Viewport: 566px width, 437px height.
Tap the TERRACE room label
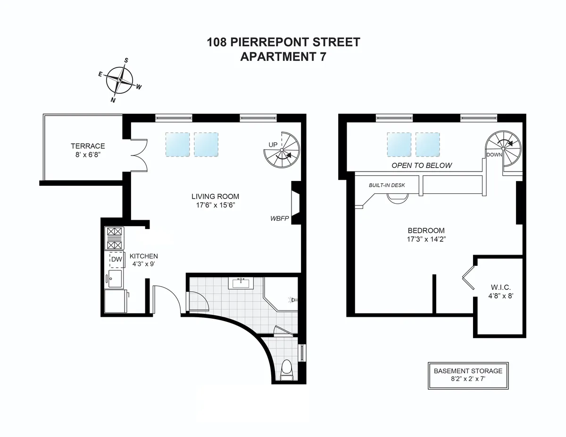[x=88, y=146]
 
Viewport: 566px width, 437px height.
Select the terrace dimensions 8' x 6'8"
[x=88, y=154]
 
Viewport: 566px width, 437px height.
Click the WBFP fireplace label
[x=279, y=219]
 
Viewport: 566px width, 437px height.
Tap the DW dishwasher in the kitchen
[x=116, y=259]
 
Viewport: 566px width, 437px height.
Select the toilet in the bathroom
[x=286, y=370]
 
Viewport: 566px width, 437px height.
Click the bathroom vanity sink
[x=241, y=283]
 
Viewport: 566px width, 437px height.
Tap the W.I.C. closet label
[x=500, y=287]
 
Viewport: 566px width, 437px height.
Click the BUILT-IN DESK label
[x=387, y=185]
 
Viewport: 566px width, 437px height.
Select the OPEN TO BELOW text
[x=422, y=165]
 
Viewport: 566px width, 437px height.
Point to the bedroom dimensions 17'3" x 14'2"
[x=426, y=239]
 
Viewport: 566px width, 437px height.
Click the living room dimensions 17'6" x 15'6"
[x=215, y=205]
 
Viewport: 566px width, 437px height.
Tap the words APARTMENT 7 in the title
[x=283, y=57]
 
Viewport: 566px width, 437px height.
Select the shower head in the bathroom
[x=292, y=299]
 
